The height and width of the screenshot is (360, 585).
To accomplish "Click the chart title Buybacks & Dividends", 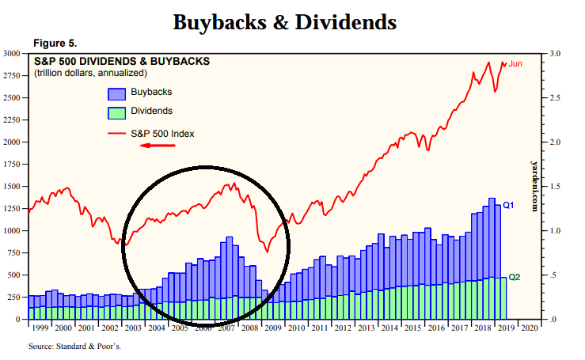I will [x=284, y=21].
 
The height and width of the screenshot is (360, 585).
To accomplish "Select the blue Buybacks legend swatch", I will [x=116, y=93].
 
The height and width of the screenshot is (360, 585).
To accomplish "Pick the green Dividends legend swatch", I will [x=116, y=112].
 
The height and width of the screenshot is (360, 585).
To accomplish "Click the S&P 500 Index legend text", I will [x=162, y=133].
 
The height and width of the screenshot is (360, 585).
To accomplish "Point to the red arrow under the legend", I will [x=157, y=146].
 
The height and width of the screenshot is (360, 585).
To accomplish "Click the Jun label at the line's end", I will [x=515, y=63].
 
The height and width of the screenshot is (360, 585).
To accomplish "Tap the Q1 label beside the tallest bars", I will [x=509, y=205].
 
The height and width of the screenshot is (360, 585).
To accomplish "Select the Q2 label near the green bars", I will [x=514, y=278].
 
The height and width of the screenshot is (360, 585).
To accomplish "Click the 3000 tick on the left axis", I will [x=12, y=54].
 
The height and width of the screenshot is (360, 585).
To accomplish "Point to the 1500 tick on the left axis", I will [x=12, y=187].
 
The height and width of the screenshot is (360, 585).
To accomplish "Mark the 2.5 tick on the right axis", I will [x=555, y=98].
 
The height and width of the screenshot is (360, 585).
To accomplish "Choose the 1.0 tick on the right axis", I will [x=555, y=231].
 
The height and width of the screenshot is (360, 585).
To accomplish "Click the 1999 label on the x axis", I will [x=40, y=327].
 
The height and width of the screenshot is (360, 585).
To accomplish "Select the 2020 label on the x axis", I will [x=529, y=327].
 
